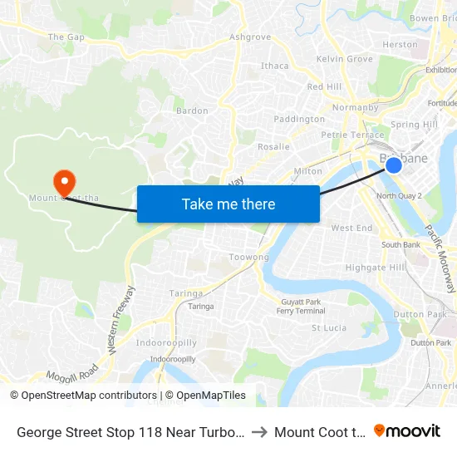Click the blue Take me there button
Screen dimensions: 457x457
point(228,204)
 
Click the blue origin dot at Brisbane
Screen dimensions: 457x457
point(394,165)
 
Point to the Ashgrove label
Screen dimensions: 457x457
point(250,37)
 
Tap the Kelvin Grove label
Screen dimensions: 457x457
point(345,59)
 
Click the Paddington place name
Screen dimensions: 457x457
point(299,119)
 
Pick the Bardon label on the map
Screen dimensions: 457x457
point(192,111)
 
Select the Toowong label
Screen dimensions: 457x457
point(249,258)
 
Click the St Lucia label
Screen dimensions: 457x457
point(328,327)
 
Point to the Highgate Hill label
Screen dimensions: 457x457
point(376,268)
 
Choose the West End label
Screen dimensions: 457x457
point(351,228)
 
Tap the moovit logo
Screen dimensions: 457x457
point(407,431)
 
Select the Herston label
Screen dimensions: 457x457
point(400,44)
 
